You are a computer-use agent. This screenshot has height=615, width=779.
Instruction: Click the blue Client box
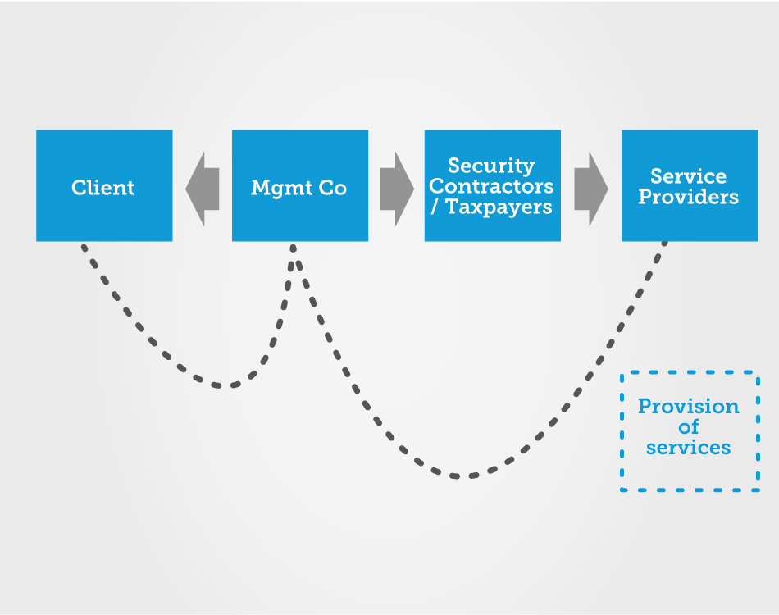coord(104,186)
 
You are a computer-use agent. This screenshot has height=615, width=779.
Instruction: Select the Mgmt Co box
coord(300,186)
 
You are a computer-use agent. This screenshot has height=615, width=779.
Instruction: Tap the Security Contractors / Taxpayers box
coord(492,186)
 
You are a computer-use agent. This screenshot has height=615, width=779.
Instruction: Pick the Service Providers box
coord(690,186)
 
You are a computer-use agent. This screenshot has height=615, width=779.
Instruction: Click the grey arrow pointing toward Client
coord(203,189)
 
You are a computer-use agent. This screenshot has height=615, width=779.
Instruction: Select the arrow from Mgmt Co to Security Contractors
coord(398,189)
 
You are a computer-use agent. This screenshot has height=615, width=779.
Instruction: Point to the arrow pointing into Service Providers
coord(591,189)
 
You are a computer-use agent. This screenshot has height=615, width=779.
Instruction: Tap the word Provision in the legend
coord(689,407)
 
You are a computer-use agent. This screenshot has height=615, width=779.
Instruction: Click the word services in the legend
coord(689,448)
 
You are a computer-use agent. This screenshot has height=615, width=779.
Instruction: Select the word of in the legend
coord(689,426)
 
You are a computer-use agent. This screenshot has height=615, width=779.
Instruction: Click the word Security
coord(491,166)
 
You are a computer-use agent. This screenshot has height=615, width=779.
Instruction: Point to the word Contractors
coord(491,186)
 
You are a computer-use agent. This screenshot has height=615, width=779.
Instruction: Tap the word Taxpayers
coord(499,207)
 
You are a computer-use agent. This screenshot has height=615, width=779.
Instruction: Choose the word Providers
coord(689,197)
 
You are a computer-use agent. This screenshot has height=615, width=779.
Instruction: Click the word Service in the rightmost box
coord(689,176)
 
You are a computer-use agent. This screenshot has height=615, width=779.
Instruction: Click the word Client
coord(102,187)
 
